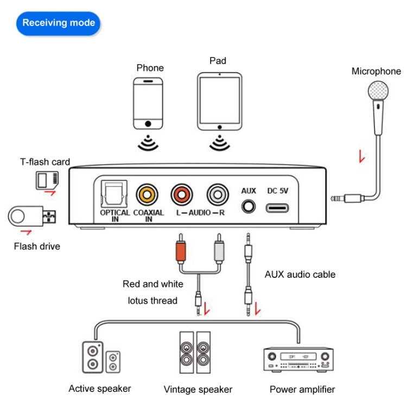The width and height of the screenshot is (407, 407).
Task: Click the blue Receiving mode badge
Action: pos(58,23)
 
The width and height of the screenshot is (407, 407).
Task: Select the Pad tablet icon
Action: pos(219,101)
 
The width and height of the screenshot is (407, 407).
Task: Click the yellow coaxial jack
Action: pos(148,193)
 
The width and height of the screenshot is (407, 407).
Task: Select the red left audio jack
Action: pos(182,193)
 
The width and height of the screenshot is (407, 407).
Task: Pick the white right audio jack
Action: pos(217,193)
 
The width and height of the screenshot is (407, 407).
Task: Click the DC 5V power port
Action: pos(277,208)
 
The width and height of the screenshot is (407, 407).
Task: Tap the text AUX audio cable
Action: pos(300,275)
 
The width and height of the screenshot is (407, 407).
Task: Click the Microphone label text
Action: pos(376,71)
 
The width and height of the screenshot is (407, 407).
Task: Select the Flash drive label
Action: pos(37,246)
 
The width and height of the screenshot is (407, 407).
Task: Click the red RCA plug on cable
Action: pos(181,252)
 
